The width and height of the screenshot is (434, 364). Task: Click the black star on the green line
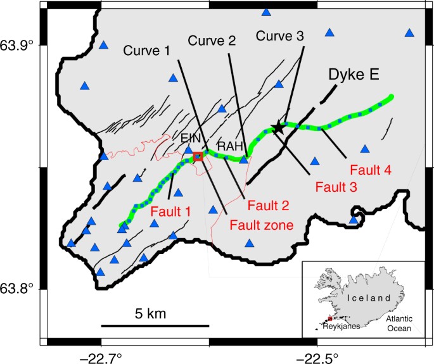click(x=278, y=128)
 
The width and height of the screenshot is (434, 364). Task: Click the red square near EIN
click(x=198, y=156)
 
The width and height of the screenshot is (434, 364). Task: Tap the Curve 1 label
click(x=147, y=49)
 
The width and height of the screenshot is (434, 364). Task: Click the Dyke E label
click(x=354, y=75)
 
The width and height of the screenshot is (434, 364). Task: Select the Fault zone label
click(x=261, y=224)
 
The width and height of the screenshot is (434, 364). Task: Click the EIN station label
click(x=191, y=139)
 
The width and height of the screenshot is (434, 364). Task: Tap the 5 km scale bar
click(x=155, y=325)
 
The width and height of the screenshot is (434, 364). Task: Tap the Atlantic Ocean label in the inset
click(x=398, y=324)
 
